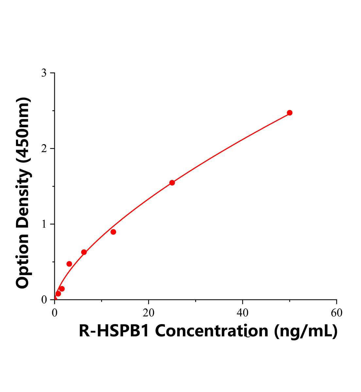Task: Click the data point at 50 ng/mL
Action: [289, 113]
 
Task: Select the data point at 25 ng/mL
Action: [172, 183]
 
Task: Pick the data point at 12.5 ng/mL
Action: [113, 232]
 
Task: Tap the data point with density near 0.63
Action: [84, 252]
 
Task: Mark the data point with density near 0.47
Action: [69, 264]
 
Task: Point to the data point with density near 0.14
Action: [62, 289]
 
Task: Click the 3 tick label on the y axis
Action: [44, 73]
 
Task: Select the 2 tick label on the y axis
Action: [44, 149]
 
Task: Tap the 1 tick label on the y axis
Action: [44, 224]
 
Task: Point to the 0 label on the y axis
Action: [44, 300]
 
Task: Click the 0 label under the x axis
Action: [55, 313]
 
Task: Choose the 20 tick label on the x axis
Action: [148, 313]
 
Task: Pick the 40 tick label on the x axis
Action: [242, 313]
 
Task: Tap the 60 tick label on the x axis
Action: [336, 313]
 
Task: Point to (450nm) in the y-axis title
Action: [23, 130]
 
